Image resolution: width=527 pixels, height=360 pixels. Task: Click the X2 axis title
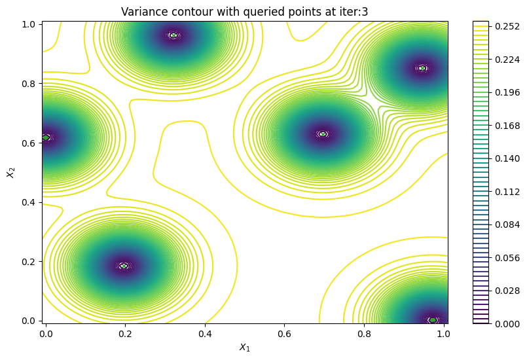[x=10, y=172]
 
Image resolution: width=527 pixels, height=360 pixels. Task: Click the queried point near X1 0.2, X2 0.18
[x=124, y=266]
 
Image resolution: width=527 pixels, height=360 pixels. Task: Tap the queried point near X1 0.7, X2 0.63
[x=323, y=134]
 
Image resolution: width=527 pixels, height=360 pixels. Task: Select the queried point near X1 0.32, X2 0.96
[x=173, y=35]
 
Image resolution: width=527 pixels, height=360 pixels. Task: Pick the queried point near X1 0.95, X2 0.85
[x=422, y=68]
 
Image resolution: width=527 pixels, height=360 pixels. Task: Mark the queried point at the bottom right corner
[x=433, y=320]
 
